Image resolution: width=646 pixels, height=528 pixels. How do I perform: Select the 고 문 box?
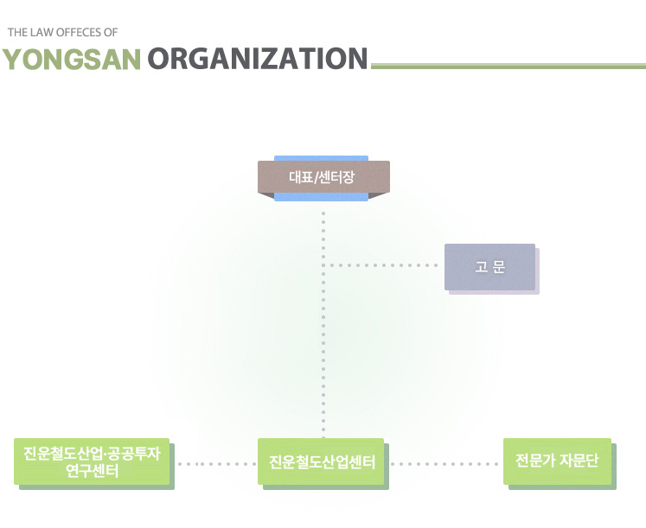(x=489, y=267)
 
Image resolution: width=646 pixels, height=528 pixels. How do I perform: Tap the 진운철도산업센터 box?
(x=321, y=461)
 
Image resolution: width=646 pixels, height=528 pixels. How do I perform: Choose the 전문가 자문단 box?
(x=557, y=461)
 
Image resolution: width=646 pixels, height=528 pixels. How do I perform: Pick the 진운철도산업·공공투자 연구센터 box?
(x=92, y=461)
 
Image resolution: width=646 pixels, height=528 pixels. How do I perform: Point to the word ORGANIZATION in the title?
(x=258, y=59)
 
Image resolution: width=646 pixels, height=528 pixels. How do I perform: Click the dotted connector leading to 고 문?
(x=385, y=264)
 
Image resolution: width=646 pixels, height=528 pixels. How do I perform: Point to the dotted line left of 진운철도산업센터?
(x=216, y=464)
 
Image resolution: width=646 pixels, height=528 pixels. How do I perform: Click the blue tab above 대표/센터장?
(x=321, y=158)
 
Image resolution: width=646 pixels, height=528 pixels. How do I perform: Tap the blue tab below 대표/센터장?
(x=321, y=197)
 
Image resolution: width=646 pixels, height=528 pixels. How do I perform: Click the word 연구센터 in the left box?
(x=92, y=472)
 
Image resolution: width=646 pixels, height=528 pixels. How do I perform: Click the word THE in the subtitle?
(x=17, y=33)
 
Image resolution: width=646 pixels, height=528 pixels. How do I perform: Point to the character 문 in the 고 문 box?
(x=499, y=267)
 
